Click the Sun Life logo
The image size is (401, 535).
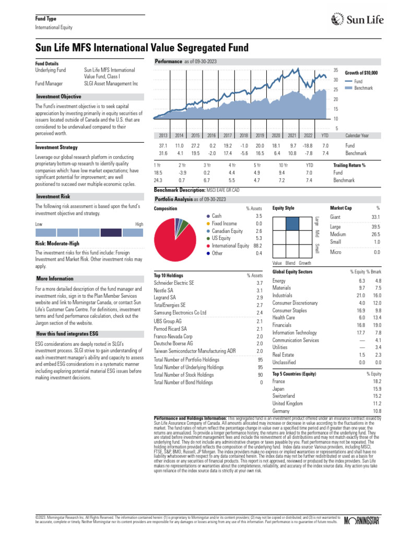pos(358,20)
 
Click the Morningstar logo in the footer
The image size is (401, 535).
pos(364,520)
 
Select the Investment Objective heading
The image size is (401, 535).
pos(58,97)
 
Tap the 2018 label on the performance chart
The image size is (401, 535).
pos(243,135)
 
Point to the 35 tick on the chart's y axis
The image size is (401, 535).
pos(336,70)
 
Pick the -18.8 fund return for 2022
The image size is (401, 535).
pos(308,145)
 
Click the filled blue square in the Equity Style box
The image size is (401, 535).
pos(292,223)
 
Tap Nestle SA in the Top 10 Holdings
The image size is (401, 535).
pos(164,290)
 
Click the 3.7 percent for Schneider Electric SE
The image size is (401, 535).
pos(260,283)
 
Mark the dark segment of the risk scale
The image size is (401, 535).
pos(111,232)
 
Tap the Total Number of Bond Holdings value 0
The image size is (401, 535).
pos(262,382)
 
